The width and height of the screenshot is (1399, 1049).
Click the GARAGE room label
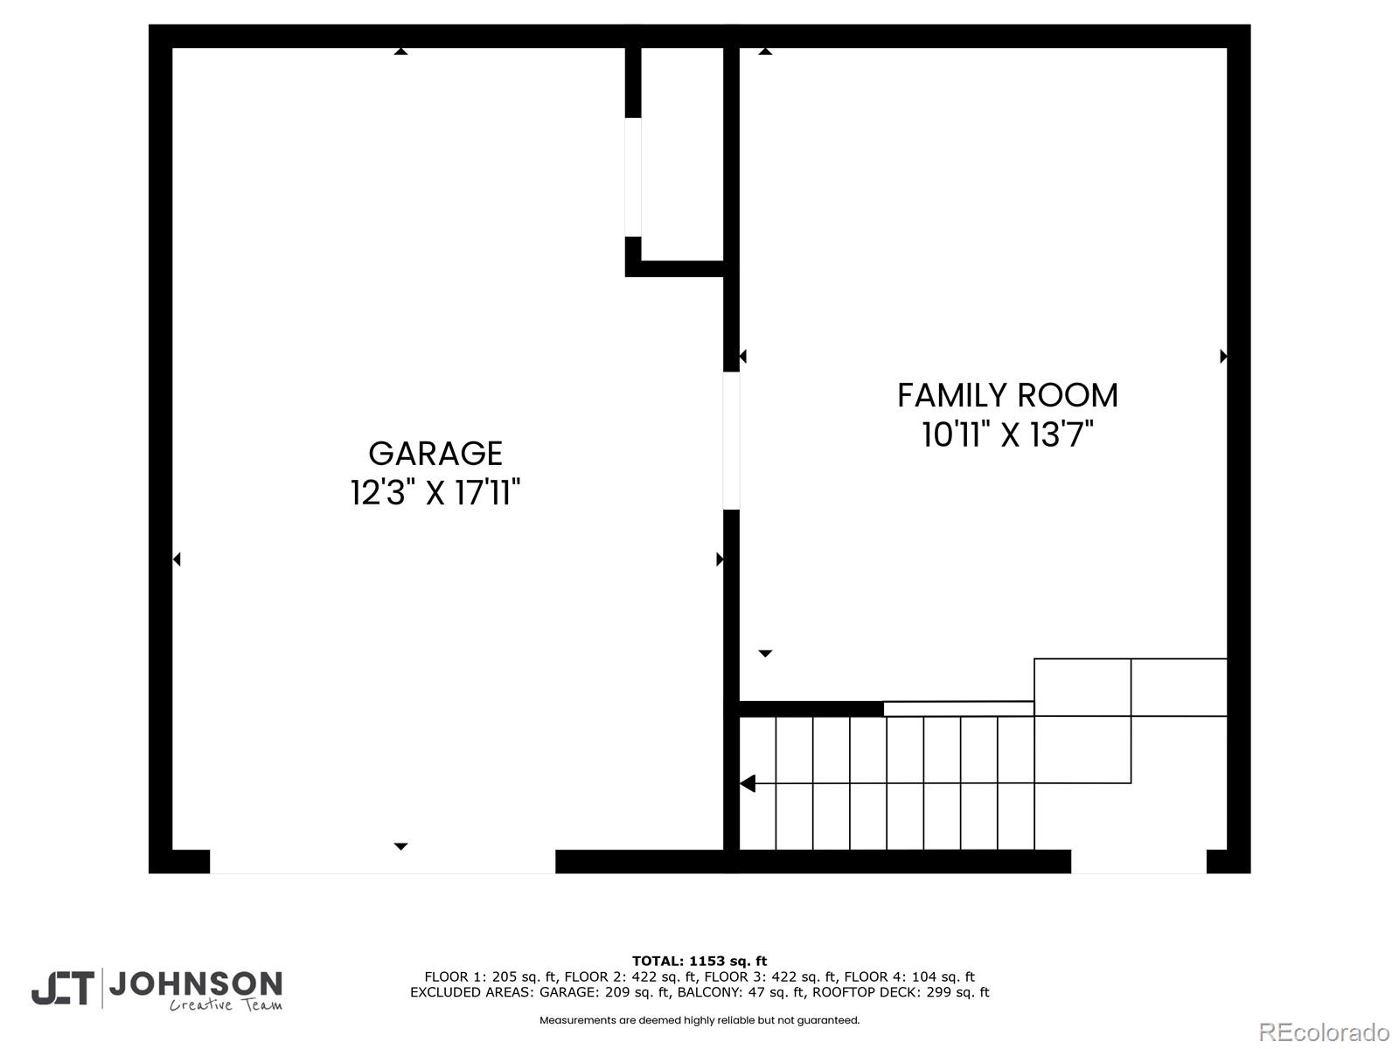[435, 454]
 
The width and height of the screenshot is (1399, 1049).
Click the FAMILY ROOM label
[1007, 395]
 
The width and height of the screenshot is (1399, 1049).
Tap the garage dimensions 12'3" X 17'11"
[435, 493]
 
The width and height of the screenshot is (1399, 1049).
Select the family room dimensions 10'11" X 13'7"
[1007, 434]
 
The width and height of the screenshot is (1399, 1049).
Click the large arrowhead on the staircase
[748, 783]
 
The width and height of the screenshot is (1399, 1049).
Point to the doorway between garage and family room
[731, 441]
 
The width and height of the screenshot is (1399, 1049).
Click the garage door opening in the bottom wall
[382, 861]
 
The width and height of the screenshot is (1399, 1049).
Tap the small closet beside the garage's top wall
[682, 153]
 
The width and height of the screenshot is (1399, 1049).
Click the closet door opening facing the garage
[633, 177]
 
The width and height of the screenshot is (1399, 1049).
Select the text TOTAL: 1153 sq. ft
[699, 961]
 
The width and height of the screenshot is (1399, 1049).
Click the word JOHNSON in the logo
[195, 984]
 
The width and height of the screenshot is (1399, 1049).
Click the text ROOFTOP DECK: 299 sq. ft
[901, 992]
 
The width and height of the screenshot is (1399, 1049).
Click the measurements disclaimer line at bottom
[699, 1020]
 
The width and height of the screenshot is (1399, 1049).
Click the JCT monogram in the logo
[63, 989]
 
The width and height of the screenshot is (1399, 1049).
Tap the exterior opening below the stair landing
[1138, 861]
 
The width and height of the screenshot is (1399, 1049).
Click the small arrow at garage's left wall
[177, 559]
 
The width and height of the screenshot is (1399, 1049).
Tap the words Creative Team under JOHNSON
[226, 1004]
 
